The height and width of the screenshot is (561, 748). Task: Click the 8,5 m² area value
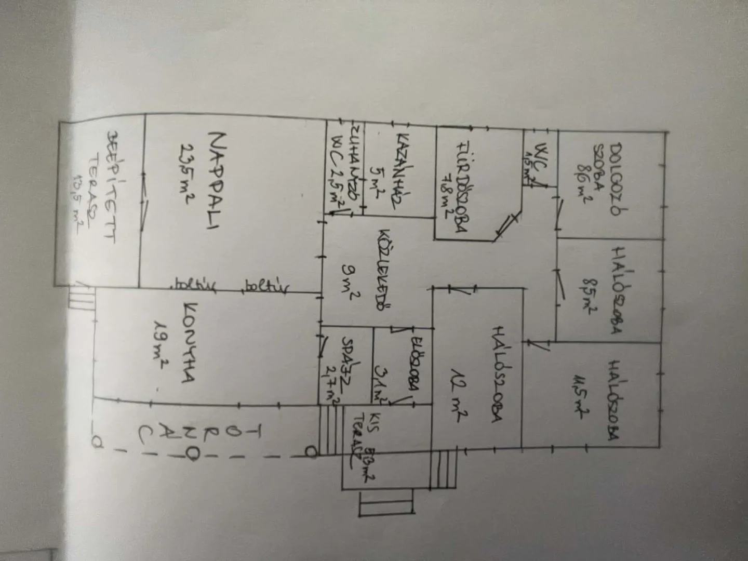(x=586, y=291)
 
